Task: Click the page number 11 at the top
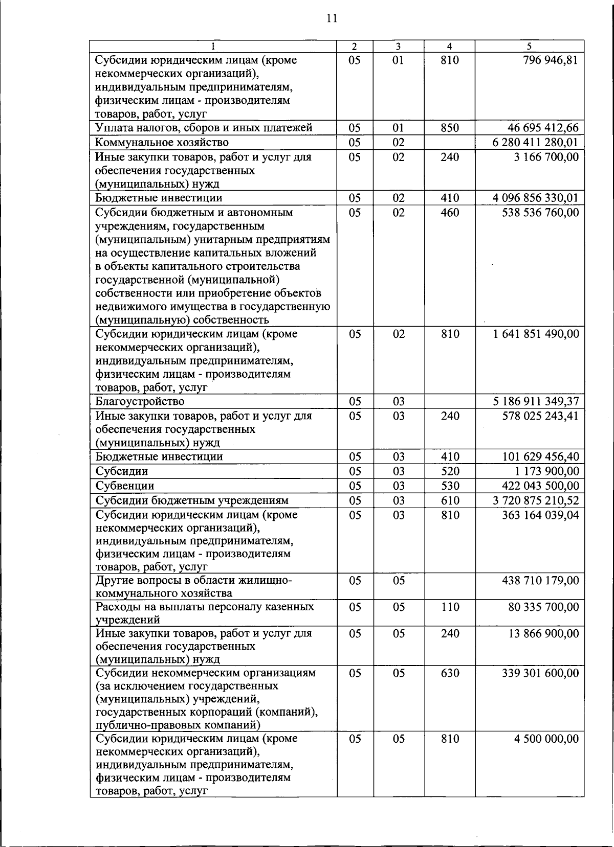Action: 331,19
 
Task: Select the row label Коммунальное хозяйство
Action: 162,142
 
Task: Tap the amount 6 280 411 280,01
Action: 536,142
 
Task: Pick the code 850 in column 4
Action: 449,128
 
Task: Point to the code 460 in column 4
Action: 449,212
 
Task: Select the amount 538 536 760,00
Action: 540,212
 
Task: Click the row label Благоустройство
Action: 140,401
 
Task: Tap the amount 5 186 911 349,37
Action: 536,401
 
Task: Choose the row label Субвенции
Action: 125,486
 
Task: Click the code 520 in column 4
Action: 449,471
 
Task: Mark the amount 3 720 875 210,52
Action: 536,500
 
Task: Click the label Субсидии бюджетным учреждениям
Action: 192,500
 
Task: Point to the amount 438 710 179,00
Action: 540,580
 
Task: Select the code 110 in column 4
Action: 449,607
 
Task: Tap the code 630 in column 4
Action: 449,673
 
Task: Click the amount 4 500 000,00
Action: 546,739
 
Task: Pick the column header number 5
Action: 529,46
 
